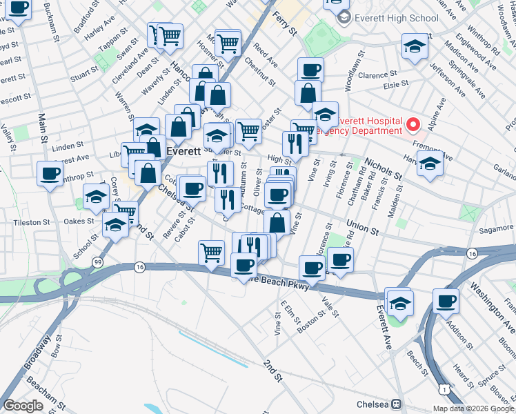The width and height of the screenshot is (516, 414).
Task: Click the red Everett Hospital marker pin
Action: (413, 125)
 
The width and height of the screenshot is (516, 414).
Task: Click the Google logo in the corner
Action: (23, 406)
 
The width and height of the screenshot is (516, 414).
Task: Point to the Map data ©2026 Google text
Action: (473, 408)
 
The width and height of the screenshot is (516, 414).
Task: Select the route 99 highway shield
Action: (98, 263)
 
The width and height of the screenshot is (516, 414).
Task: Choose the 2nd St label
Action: (273, 371)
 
